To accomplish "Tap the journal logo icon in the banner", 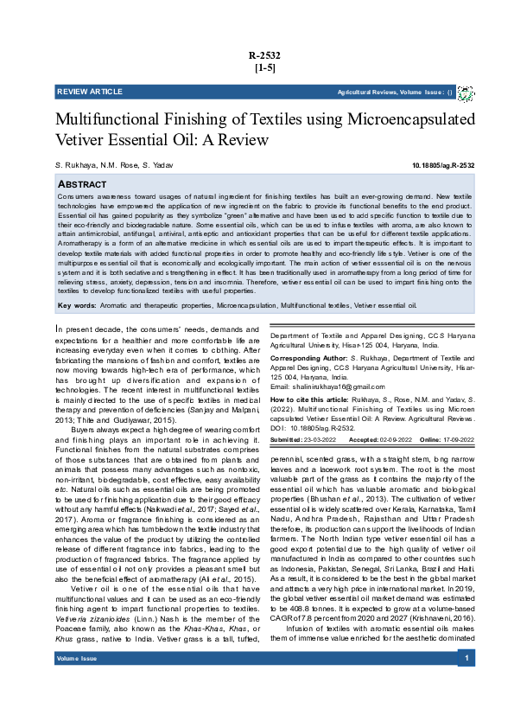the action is click(x=465, y=93).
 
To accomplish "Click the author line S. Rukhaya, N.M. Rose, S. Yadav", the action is click(x=102, y=164).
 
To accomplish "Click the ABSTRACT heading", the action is click(x=82, y=185).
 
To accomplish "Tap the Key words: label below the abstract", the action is click(x=75, y=305).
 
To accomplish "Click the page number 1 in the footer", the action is click(x=466, y=683).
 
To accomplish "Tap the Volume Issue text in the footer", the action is click(x=77, y=683).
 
